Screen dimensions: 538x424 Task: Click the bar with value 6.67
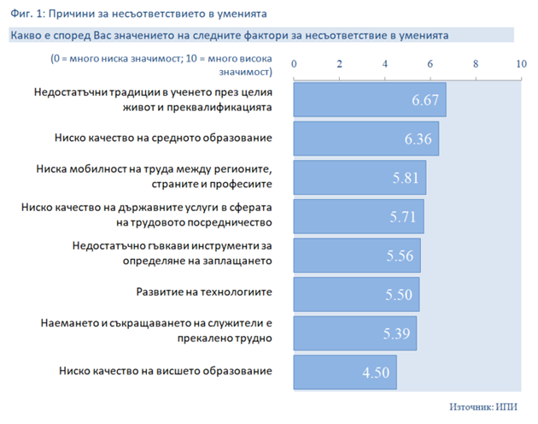coord(370,100)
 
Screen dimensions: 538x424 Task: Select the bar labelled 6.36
coord(366,138)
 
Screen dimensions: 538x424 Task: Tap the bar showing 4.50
coord(345,372)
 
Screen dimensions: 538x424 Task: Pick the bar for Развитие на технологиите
coord(356,294)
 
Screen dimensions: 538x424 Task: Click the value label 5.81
coord(406,178)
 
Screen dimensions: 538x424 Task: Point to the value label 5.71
coord(403,217)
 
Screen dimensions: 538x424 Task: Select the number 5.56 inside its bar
coord(400,256)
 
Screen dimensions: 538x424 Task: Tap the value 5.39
coord(396,333)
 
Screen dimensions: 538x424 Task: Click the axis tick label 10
coord(521,64)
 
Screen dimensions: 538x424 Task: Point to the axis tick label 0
coord(294,64)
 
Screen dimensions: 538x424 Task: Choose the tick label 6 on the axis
coord(430,64)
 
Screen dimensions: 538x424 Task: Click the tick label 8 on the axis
coord(476,64)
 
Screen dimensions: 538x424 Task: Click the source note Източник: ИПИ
coord(483,407)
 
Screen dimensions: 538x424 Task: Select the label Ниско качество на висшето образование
coord(166,371)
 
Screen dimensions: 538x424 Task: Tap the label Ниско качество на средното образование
coord(163,138)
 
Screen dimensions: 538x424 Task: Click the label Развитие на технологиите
coord(204,291)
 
